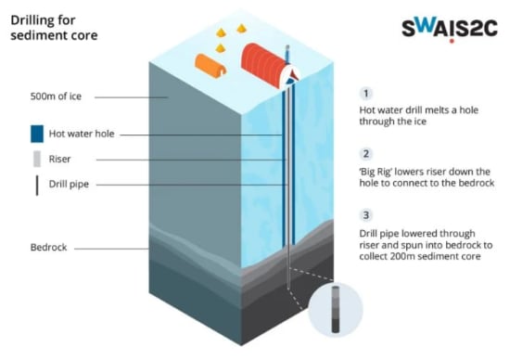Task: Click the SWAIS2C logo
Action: [450, 28]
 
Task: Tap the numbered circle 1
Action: [366, 94]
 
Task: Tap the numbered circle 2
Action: [366, 153]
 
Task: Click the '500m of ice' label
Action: [57, 96]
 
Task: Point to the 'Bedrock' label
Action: [49, 248]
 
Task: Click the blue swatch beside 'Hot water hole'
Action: [36, 134]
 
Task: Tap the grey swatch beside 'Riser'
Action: [36, 159]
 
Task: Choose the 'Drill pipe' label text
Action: [72, 185]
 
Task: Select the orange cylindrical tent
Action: [210, 66]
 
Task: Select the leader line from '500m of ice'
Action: [125, 96]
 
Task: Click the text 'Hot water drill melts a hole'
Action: [417, 113]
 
